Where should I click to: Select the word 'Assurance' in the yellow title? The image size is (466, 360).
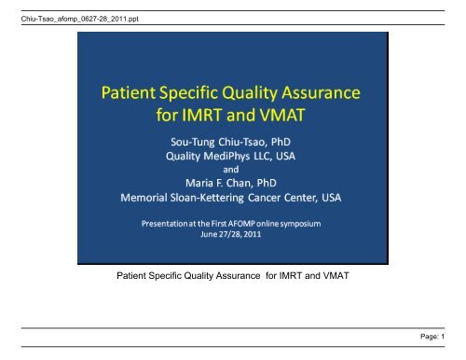pyautogui.click(x=322, y=96)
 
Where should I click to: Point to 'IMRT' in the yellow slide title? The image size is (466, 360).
pyautogui.click(x=216, y=118)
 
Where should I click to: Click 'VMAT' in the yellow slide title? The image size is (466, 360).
pyautogui.click(x=292, y=118)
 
